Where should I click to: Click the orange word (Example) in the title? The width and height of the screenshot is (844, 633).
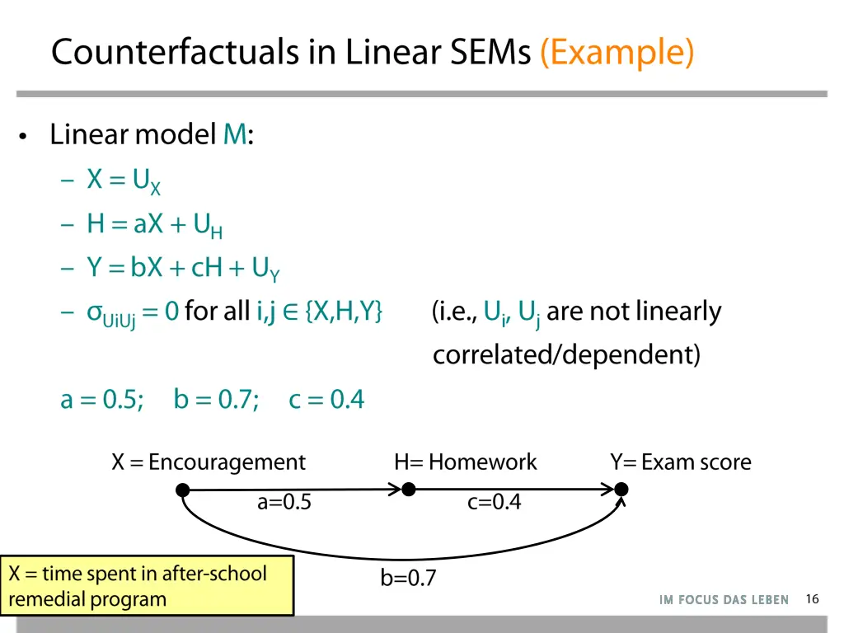click(x=617, y=53)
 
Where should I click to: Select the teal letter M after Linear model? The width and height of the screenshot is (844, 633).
click(x=234, y=134)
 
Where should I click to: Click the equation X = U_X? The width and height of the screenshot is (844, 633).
click(x=124, y=181)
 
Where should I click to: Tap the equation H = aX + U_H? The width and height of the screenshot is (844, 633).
click(x=154, y=225)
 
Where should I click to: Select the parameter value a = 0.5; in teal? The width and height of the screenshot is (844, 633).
click(x=102, y=400)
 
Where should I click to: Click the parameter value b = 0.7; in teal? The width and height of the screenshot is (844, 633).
click(x=216, y=400)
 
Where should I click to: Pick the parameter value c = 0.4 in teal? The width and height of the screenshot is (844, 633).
click(x=326, y=400)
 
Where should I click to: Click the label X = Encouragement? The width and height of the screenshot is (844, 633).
click(x=209, y=462)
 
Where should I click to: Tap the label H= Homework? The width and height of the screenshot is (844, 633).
click(x=466, y=462)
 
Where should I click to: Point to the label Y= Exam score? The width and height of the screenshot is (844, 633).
click(x=681, y=462)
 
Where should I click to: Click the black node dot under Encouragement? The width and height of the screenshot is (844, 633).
click(x=183, y=490)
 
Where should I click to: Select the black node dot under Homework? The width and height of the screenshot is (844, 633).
click(x=407, y=490)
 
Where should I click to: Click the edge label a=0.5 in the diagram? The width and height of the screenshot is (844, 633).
click(x=284, y=503)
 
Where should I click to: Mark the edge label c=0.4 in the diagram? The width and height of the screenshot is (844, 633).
click(x=494, y=503)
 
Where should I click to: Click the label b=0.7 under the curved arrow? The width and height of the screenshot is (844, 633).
click(x=408, y=579)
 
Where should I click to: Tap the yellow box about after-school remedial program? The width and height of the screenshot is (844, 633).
click(x=147, y=585)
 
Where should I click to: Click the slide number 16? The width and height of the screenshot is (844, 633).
click(x=812, y=599)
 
